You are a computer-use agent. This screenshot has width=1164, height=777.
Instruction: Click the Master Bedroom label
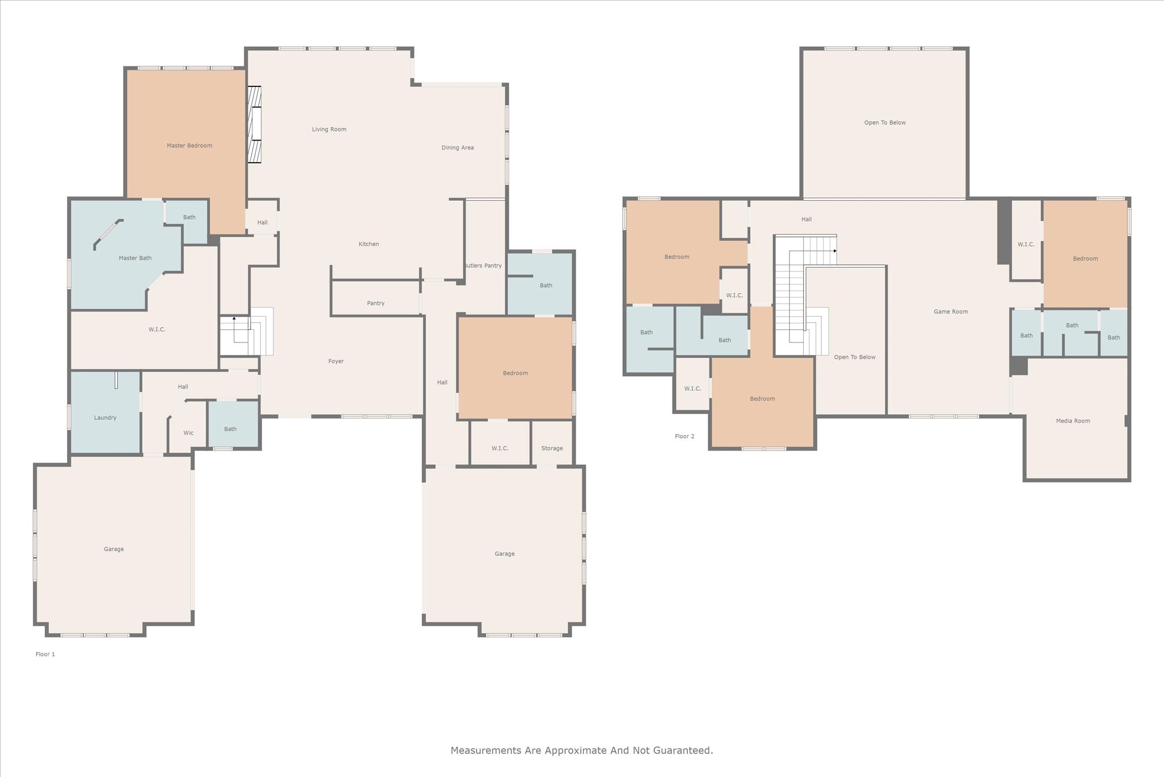[x=189, y=146]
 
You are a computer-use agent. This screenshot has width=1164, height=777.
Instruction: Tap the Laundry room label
[x=105, y=418]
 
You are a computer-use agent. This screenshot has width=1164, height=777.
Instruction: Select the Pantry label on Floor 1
[x=376, y=303]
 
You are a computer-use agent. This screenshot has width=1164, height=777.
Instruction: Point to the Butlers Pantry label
[x=483, y=266]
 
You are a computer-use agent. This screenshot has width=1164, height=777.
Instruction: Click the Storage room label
[x=552, y=448]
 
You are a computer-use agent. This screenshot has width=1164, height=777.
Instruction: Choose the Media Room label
[x=1073, y=421]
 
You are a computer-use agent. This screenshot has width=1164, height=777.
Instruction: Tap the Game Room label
[x=950, y=312]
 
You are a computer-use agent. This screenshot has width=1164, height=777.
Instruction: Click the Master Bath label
[x=135, y=258]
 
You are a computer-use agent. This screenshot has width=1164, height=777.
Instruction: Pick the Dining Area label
[x=458, y=148]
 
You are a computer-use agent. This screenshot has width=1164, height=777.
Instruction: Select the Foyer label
[x=336, y=361]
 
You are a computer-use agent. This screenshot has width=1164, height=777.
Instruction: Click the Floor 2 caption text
[x=684, y=436]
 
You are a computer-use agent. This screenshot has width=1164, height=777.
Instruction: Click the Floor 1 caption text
[x=45, y=654]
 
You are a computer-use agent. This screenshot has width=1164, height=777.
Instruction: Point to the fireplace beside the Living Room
[x=254, y=125]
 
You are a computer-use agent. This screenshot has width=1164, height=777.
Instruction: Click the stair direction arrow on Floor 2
[x=835, y=251]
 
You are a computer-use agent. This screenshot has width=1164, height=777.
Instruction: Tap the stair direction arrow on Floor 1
[x=234, y=319]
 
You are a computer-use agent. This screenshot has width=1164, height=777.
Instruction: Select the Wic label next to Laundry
[x=188, y=433]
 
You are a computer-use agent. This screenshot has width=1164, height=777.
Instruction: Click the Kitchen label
[x=368, y=244]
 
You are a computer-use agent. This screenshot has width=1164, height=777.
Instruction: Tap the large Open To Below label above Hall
[x=885, y=123]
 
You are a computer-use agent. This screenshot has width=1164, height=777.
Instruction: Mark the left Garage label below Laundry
[x=114, y=549]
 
